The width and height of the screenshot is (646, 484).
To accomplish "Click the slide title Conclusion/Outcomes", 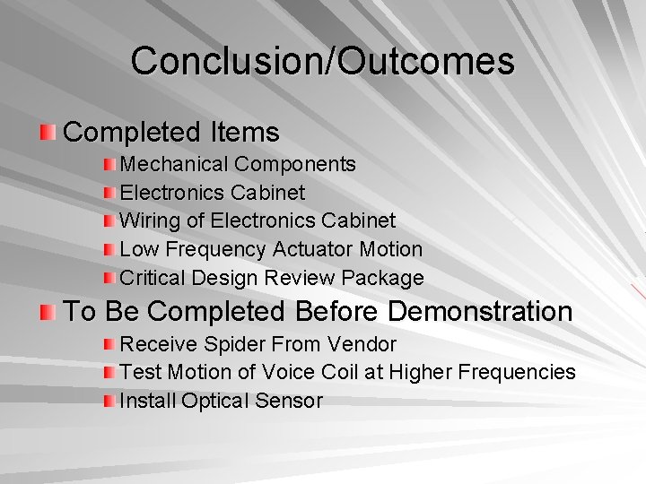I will [322, 61].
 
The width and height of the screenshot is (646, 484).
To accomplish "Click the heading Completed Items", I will [171, 133].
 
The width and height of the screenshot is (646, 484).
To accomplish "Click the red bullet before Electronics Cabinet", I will [109, 194].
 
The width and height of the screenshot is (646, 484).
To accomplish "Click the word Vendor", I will [362, 344].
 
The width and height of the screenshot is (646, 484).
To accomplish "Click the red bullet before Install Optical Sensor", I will [109, 401].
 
